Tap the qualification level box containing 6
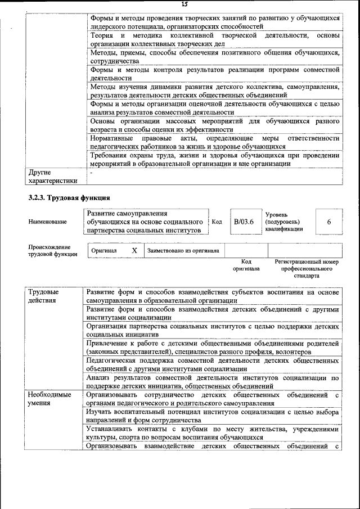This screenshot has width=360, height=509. [x=328, y=222]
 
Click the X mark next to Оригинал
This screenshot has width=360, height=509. [x=134, y=250]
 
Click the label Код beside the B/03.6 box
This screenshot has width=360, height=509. [x=217, y=222]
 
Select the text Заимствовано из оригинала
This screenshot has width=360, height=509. [x=183, y=250]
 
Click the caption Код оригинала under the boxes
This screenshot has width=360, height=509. [x=246, y=265]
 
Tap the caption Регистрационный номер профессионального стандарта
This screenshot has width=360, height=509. [x=307, y=268]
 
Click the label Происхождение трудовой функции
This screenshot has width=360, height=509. [x=49, y=250]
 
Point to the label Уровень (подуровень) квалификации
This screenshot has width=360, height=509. [x=284, y=222]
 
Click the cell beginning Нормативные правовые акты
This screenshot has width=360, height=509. [x=214, y=142]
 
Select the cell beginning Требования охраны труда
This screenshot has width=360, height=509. [x=214, y=160]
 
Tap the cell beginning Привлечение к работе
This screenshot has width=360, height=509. [x=213, y=347]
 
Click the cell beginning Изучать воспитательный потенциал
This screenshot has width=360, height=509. [x=213, y=416]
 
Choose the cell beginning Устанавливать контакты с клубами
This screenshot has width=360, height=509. [x=213, y=433]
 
